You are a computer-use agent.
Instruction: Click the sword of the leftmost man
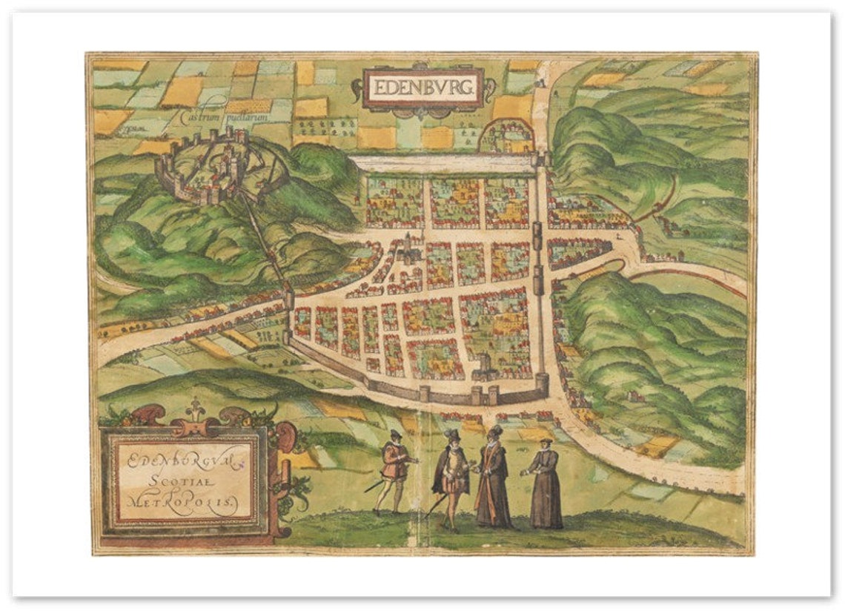[x=374, y=486]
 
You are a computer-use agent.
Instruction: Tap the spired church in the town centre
[x=408, y=252]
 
